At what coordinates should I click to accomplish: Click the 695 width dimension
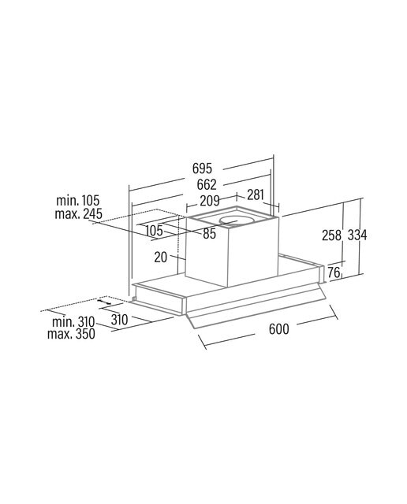[202, 168]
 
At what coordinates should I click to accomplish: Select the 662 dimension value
[207, 184]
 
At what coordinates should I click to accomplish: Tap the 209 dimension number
[210, 201]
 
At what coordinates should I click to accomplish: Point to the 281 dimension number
[256, 195]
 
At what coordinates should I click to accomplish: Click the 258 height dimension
[331, 235]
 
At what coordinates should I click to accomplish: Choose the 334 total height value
[357, 235]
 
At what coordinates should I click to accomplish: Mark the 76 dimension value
[334, 272]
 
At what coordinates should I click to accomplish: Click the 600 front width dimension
[279, 329]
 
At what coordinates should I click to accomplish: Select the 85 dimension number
[209, 234]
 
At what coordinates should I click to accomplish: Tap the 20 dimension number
[161, 258]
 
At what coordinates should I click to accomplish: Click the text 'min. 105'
[78, 201]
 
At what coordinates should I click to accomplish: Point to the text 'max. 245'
[79, 213]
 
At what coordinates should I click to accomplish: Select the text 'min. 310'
[73, 321]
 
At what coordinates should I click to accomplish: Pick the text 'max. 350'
[71, 334]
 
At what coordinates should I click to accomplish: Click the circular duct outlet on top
[235, 221]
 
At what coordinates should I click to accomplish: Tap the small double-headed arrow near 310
[103, 302]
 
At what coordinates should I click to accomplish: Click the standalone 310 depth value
[119, 320]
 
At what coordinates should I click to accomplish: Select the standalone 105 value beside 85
[155, 231]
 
